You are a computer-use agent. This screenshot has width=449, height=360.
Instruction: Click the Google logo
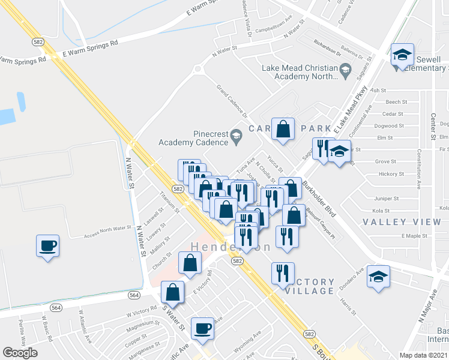tap(20, 353)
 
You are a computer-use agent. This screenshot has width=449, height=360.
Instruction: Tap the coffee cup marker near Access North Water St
tap(47, 245)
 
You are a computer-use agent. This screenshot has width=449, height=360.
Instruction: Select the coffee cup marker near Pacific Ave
tap(202, 328)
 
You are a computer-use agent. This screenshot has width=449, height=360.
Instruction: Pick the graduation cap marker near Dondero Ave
tap(378, 277)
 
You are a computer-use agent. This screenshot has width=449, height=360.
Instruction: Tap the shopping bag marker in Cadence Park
tap(283, 128)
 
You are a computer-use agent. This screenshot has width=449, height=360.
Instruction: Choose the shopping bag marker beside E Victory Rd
tap(190, 263)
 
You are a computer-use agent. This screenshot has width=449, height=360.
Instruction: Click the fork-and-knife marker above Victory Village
tap(283, 274)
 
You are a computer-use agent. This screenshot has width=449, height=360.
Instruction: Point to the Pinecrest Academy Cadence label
tap(193, 138)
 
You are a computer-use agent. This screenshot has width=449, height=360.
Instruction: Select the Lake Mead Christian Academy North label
tap(300, 72)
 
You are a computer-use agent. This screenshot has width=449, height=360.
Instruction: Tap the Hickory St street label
tap(392, 174)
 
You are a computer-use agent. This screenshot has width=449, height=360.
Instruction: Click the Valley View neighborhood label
tap(402, 222)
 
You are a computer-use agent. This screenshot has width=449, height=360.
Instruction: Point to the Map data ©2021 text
tap(424, 355)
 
